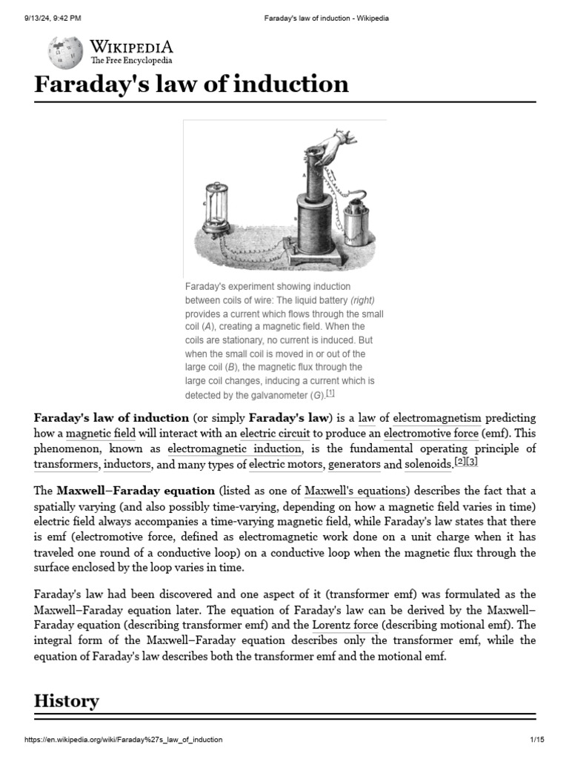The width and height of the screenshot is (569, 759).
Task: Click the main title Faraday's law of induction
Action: tap(191, 84)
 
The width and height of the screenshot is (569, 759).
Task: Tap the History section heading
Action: tap(67, 700)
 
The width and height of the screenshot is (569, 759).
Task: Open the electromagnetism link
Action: tap(436, 418)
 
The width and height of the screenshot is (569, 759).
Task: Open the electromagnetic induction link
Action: tap(235, 449)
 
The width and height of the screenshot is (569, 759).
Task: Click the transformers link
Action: tap(66, 465)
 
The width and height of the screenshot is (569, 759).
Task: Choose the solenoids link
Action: tap(427, 465)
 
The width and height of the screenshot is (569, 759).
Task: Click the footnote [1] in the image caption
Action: tap(330, 393)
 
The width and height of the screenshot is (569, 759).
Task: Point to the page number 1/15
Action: tap(537, 740)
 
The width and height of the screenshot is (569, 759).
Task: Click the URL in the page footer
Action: tap(123, 740)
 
